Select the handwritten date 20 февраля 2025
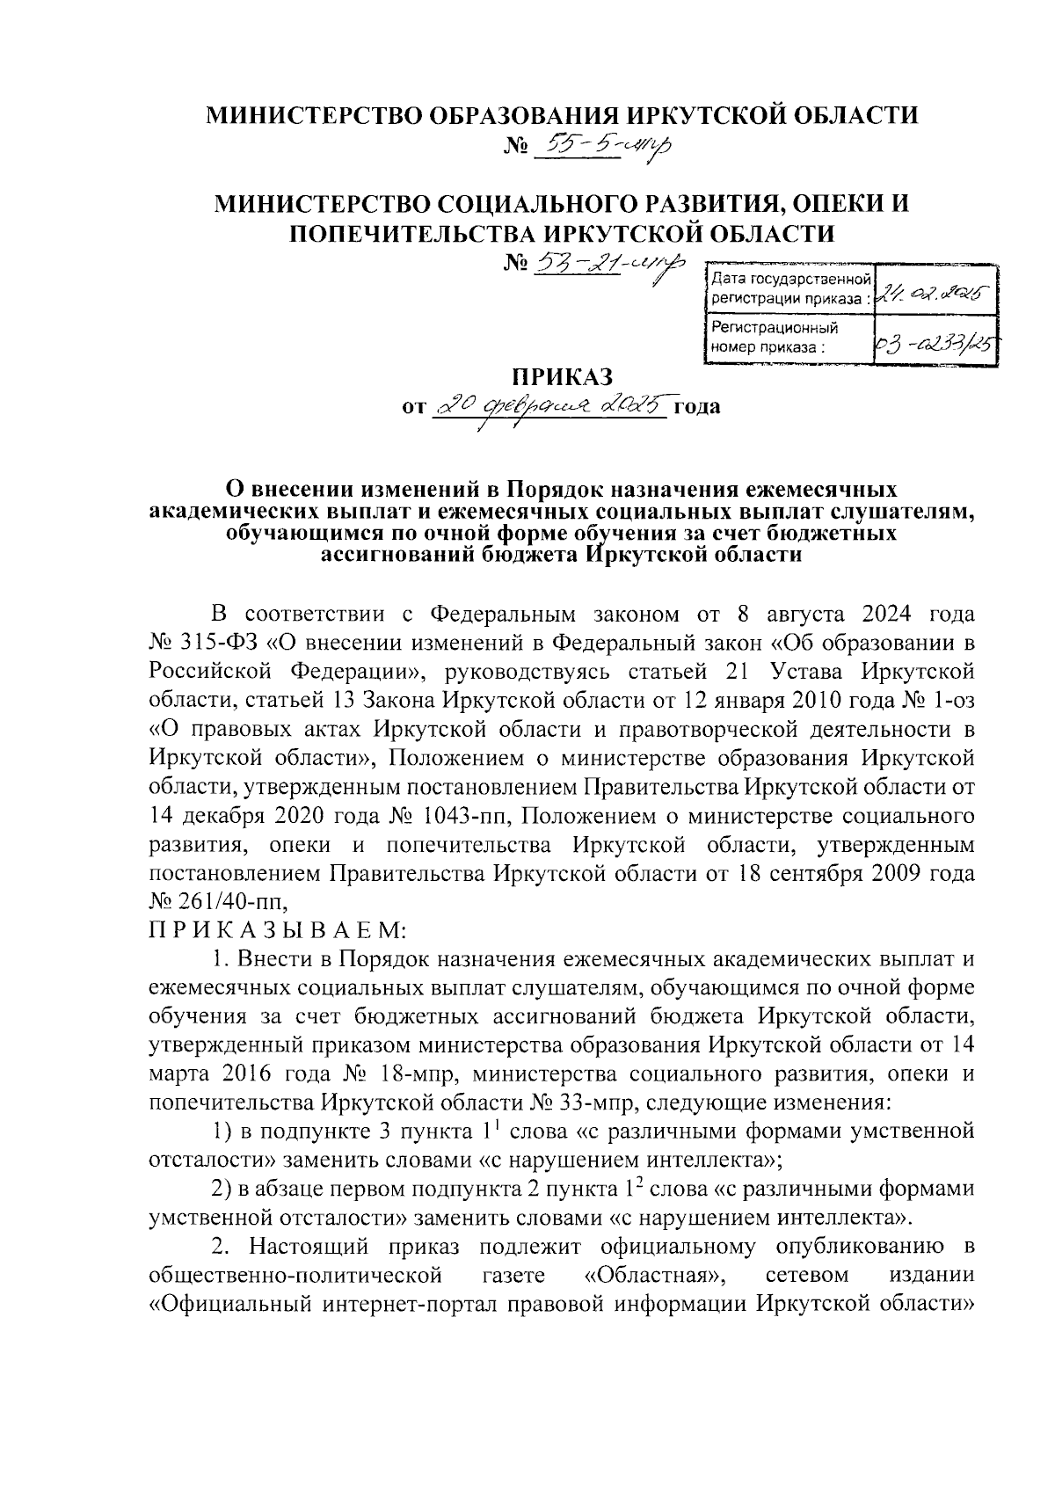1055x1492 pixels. (x=552, y=407)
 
